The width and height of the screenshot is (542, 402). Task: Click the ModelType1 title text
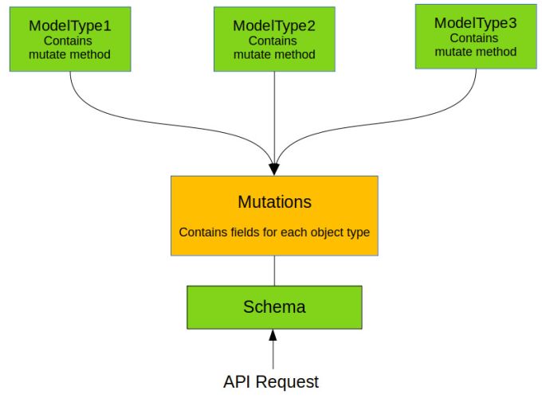pos(70,26)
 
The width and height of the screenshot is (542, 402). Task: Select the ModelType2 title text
pos(274,26)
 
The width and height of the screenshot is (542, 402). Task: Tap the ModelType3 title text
pos(475,23)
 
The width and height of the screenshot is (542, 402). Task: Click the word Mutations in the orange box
pos(274,201)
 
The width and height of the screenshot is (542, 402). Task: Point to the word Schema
pos(274,306)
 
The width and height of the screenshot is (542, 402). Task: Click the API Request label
pos(271,382)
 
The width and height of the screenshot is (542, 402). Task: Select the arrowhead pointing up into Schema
pos(273,335)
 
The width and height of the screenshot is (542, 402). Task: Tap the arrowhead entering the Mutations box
pos(274,170)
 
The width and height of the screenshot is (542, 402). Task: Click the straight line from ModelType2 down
pos(274,118)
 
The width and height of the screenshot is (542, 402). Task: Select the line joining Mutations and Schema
pos(274,271)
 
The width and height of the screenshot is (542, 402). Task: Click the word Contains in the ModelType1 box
pos(68,41)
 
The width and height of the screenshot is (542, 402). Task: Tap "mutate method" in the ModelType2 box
pos(274,55)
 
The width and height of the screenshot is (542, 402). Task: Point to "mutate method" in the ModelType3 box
pos(476,52)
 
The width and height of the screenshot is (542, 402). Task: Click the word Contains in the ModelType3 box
pos(474,38)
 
